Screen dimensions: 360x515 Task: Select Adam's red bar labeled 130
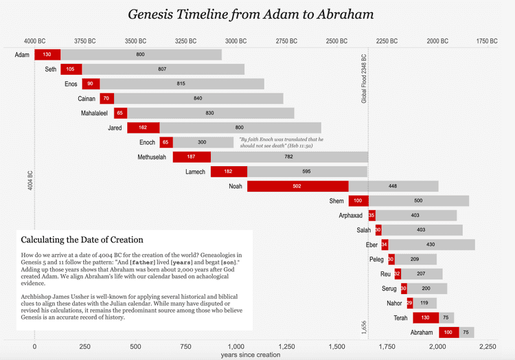[47, 54]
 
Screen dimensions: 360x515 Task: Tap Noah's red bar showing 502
[297, 186]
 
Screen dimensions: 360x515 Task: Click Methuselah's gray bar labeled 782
[288, 157]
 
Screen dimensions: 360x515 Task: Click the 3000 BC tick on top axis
[236, 41]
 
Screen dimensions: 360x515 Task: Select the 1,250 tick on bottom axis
[286, 346]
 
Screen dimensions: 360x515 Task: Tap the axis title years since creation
[251, 355]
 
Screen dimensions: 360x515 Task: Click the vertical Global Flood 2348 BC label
[364, 78]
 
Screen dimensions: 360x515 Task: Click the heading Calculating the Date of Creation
[82, 240]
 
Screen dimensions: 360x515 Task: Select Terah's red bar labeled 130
[425, 317]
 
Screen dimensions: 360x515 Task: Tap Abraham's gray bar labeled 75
[467, 333]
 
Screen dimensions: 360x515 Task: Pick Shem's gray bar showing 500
[418, 201]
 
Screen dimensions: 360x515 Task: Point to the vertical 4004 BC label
[30, 180]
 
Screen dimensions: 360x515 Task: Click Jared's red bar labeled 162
[143, 128]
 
